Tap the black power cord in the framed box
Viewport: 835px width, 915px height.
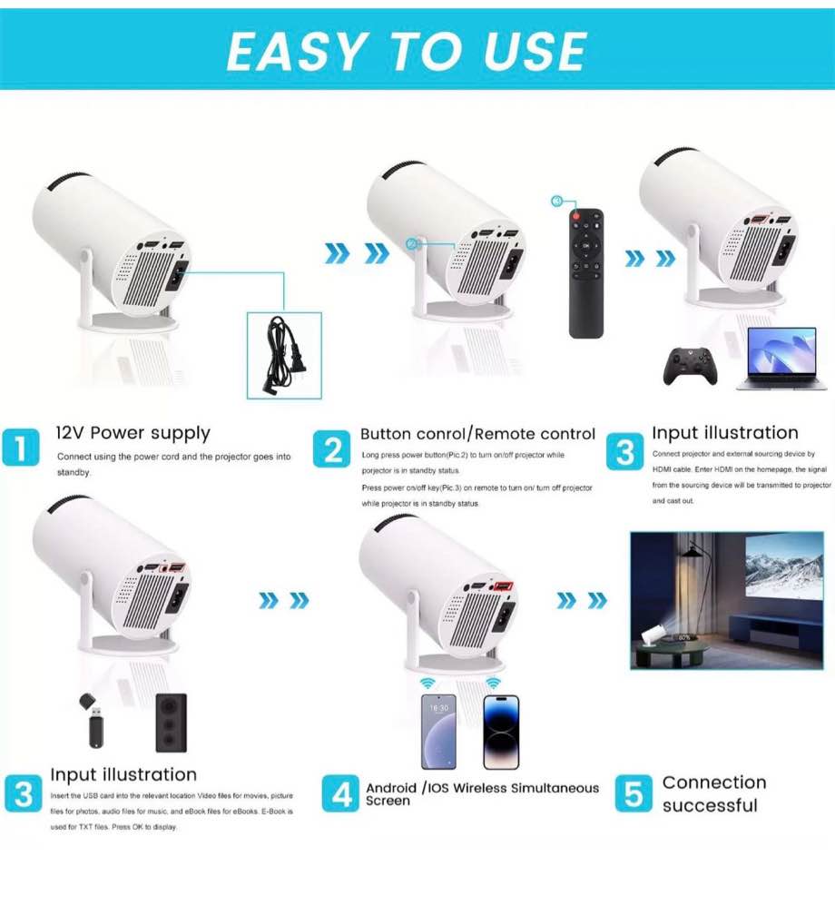pyautogui.click(x=283, y=354)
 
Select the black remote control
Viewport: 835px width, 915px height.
pyautogui.click(x=585, y=273)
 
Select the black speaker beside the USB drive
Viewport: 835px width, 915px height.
pyautogui.click(x=171, y=723)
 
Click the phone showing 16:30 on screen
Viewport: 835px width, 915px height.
pyautogui.click(x=438, y=731)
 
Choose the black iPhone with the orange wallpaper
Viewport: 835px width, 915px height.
pyautogui.click(x=501, y=731)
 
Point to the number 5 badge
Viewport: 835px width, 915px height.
pyautogui.click(x=633, y=794)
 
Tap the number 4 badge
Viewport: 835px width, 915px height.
pyautogui.click(x=342, y=794)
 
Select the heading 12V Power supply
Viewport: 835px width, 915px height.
pyautogui.click(x=133, y=433)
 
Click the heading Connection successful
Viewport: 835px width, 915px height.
pyautogui.click(x=713, y=793)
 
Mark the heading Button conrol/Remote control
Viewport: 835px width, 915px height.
pyautogui.click(x=477, y=434)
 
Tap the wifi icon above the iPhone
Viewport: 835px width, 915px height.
pyautogui.click(x=493, y=682)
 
